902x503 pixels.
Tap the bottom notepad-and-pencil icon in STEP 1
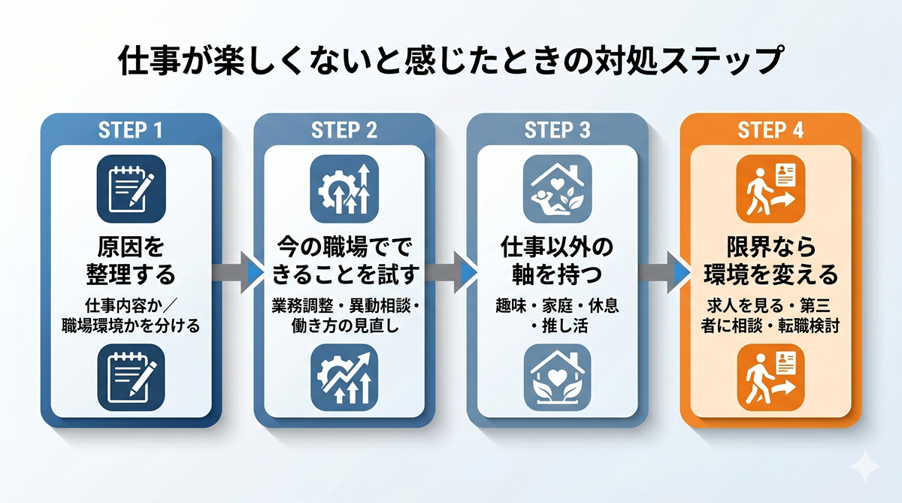coord(131,377)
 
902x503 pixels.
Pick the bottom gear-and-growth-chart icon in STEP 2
coord(344,377)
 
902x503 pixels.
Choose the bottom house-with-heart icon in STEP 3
coord(558,377)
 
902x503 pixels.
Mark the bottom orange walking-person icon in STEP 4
coord(771,377)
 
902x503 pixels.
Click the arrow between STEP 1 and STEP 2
coord(237,271)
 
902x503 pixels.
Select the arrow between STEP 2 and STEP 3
coord(450,271)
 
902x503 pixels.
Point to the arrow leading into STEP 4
coord(664,271)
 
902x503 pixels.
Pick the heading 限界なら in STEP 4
coord(771,248)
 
